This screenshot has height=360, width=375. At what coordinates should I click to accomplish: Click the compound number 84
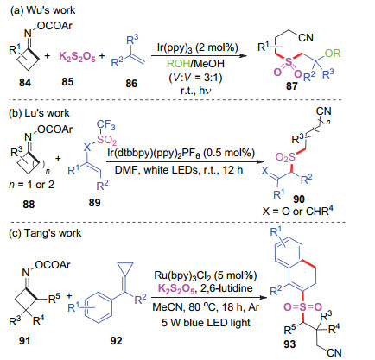(25, 83)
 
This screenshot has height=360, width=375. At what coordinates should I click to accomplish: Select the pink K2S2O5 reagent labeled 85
(77, 56)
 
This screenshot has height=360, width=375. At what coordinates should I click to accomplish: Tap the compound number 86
(131, 83)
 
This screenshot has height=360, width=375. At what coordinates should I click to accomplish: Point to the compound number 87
(292, 85)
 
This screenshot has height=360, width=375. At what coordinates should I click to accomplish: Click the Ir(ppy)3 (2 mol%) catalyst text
(198, 47)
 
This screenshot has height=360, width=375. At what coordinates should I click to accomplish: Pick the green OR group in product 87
(333, 54)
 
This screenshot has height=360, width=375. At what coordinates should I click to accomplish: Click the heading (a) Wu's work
(43, 10)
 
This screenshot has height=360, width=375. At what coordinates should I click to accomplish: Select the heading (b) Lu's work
(40, 113)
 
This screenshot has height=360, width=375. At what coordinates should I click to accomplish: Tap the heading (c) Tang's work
(46, 233)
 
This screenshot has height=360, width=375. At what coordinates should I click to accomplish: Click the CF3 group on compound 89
(106, 125)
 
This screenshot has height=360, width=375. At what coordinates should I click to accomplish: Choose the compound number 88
(29, 204)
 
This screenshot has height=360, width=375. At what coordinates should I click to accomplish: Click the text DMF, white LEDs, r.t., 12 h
(179, 170)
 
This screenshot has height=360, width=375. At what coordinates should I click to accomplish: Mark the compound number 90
(299, 199)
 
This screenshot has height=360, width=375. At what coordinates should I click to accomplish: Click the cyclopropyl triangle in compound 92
(125, 268)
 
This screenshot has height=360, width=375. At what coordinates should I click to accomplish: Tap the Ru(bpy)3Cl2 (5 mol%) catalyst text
(206, 275)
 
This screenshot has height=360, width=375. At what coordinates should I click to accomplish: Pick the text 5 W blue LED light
(206, 322)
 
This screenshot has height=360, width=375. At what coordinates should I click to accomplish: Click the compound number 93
(289, 344)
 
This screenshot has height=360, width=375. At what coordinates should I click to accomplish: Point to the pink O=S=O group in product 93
(302, 307)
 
